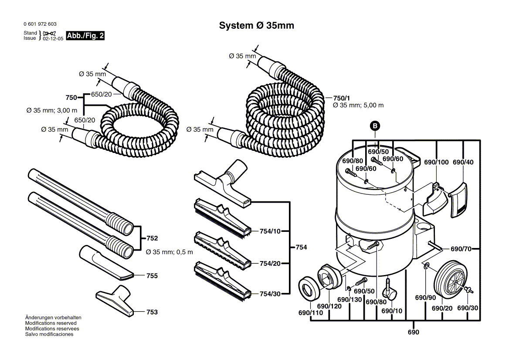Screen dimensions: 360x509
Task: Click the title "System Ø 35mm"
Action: (256, 26)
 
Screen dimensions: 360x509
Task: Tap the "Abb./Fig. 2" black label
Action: (85, 36)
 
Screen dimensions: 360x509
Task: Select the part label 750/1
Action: (341, 98)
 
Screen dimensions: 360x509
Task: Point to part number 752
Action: (152, 238)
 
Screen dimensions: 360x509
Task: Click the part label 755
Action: (152, 276)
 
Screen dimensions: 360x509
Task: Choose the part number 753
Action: (152, 312)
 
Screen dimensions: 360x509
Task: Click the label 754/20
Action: (270, 263)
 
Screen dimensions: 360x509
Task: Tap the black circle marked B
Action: (375, 126)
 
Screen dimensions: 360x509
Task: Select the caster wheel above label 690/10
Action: (389, 292)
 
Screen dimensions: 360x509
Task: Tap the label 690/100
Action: (436, 162)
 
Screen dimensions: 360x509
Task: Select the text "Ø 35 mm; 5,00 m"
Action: (358, 105)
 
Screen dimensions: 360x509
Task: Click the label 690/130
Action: (350, 299)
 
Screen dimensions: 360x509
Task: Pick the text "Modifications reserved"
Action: (51, 323)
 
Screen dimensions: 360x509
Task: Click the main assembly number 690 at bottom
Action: (413, 333)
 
